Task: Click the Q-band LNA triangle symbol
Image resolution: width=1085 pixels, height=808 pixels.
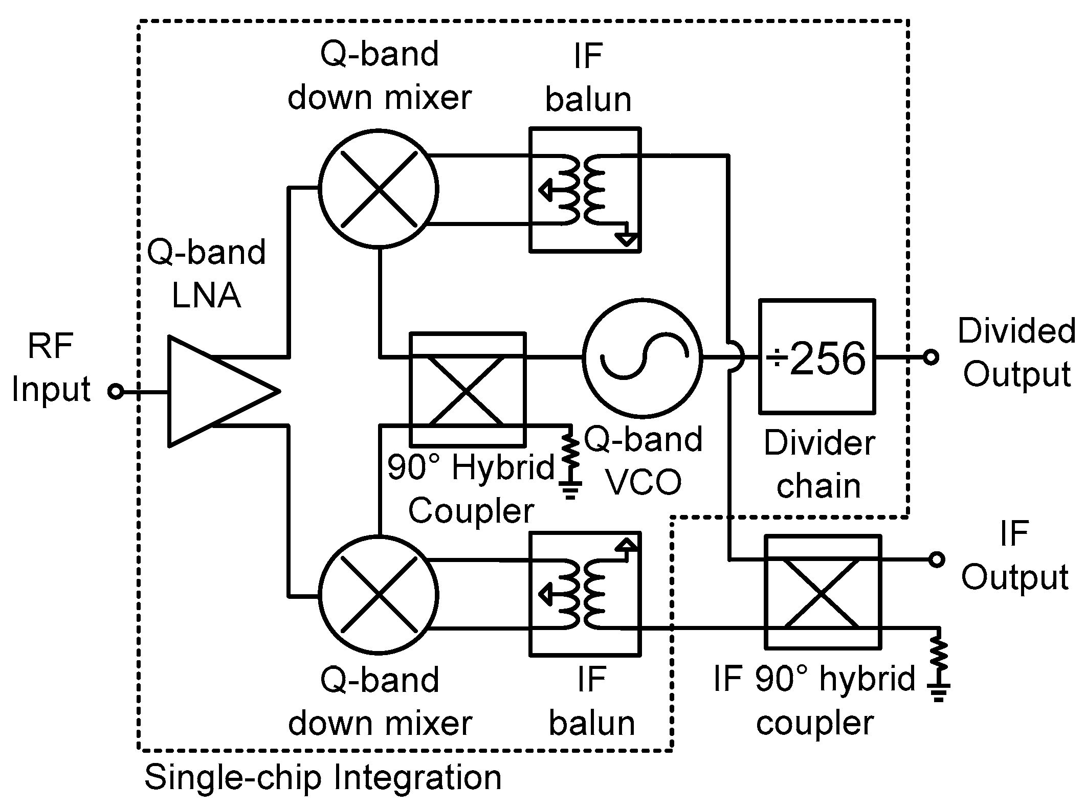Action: click(x=215, y=391)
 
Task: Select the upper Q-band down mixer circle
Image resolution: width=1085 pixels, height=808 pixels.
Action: click(x=379, y=189)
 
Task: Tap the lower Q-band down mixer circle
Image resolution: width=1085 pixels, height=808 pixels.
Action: click(x=379, y=595)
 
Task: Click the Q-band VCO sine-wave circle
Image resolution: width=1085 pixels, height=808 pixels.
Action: click(x=643, y=357)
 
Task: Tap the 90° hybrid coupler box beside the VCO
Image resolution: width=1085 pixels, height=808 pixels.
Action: click(x=468, y=390)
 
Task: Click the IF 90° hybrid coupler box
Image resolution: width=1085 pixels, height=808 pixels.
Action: click(x=822, y=591)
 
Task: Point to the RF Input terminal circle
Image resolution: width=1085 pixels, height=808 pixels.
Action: click(x=117, y=392)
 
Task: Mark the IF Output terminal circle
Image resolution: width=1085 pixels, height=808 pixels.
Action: click(x=936, y=559)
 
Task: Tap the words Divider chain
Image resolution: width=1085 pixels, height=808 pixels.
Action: click(x=819, y=464)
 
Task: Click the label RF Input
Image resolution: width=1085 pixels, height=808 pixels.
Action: click(x=51, y=367)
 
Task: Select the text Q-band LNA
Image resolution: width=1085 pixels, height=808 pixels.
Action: click(x=206, y=274)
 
